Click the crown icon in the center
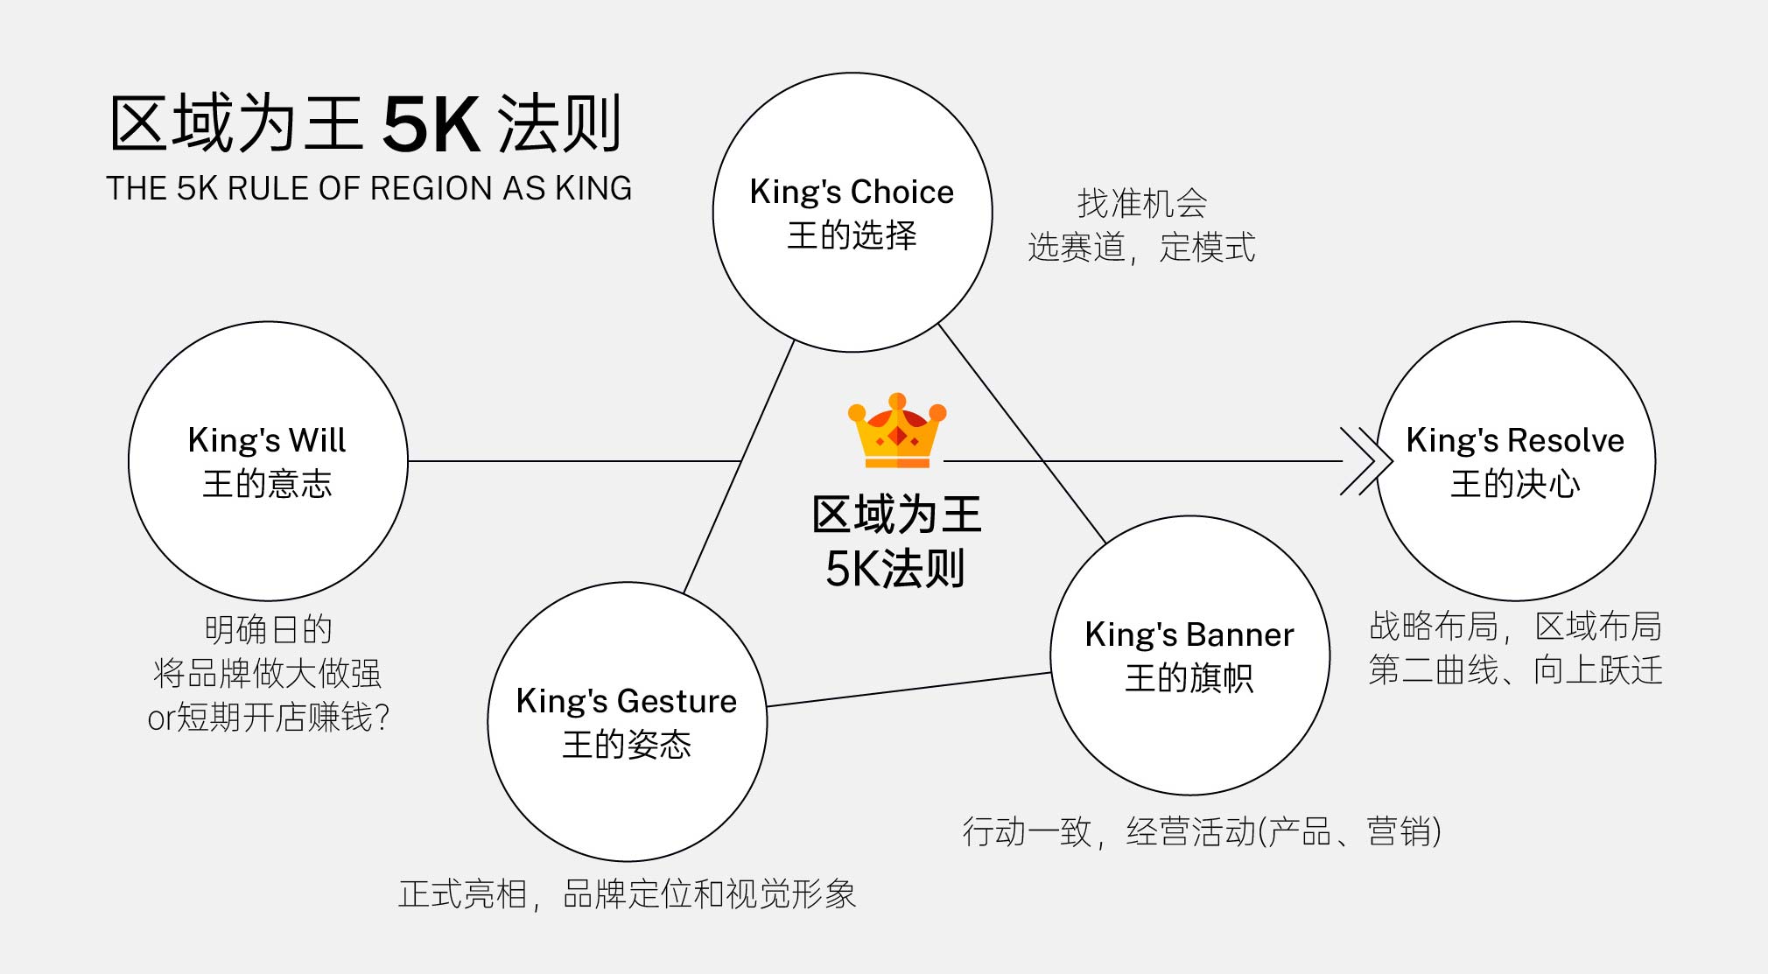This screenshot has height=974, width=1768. [x=897, y=431]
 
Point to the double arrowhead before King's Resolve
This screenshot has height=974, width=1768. [x=1365, y=461]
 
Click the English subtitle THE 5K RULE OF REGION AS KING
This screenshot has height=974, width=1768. [x=368, y=188]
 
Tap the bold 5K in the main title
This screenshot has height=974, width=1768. [x=431, y=124]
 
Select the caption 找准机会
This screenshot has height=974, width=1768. [x=1142, y=203]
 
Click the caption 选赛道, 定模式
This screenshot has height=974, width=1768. [x=1142, y=248]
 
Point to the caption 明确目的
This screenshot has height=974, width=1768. [x=268, y=629]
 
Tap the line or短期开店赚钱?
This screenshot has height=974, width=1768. [x=268, y=718]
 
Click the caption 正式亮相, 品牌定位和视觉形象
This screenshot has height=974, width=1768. [x=627, y=894]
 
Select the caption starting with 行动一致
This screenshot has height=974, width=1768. [x=1202, y=831]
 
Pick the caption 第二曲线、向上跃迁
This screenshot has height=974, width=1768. [x=1516, y=670]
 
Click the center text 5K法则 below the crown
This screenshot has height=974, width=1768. [x=895, y=569]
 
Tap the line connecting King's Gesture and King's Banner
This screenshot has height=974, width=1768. [x=909, y=690]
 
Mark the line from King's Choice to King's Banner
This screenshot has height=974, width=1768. [x=1022, y=433]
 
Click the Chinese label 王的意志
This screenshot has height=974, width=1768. [x=268, y=484]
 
